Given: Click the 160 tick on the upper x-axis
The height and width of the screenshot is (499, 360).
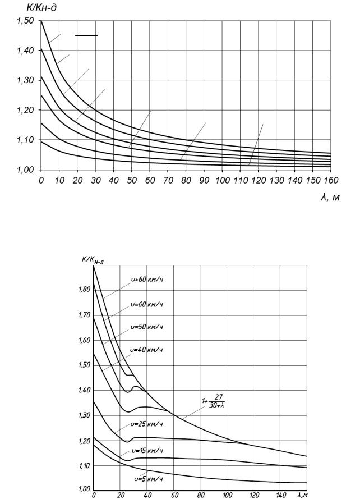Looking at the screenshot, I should point(330,181).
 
